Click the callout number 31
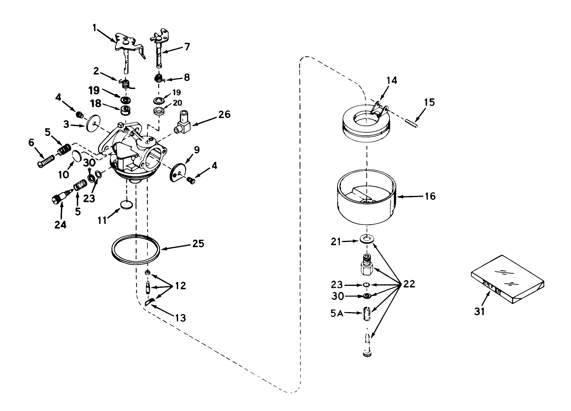[x=480, y=311]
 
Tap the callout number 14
[x=392, y=81]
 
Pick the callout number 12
[x=180, y=285]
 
